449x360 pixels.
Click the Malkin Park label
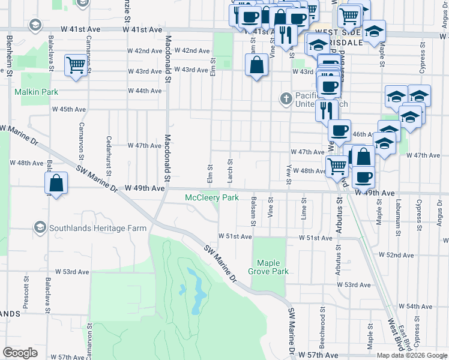pos(36,92)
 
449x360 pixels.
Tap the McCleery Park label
pos(211,197)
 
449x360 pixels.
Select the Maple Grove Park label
pos(273,267)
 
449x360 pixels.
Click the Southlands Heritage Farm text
pos(98,229)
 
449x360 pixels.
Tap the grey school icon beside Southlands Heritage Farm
pos(40,227)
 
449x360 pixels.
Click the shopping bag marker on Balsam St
pos(256,65)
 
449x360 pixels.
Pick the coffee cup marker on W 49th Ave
pos(364,177)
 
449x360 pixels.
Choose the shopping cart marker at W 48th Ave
pos(337,165)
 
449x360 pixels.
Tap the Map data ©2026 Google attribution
pos(412,355)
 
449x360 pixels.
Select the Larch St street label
pos(230,170)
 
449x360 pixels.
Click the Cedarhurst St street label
pos(109,154)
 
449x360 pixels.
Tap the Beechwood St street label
pos(322,326)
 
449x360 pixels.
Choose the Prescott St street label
pos(26,292)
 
